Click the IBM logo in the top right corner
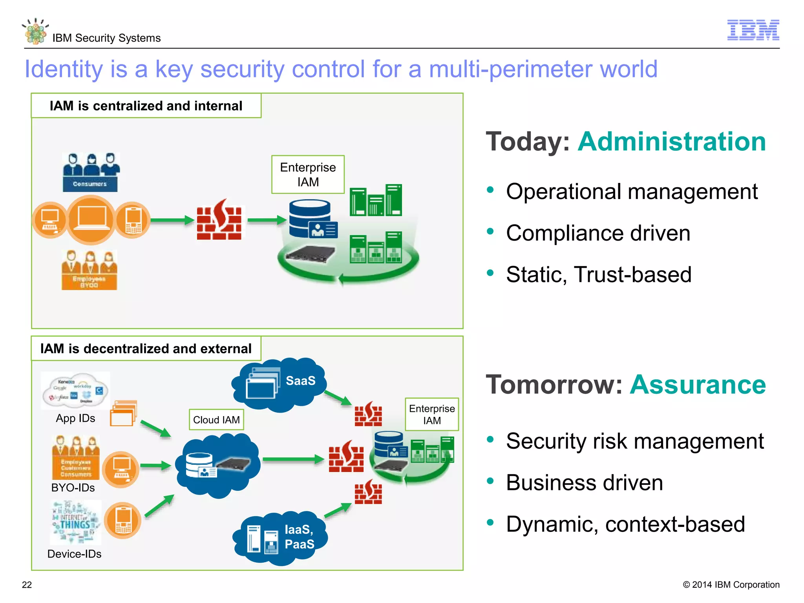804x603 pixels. tap(753, 30)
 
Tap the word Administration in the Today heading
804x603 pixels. tap(672, 142)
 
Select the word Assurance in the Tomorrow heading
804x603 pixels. tap(698, 385)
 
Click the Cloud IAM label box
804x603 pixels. tap(216, 420)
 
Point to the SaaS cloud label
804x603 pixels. tap(300, 380)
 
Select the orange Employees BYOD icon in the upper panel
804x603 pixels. tap(90, 270)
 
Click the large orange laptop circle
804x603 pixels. tap(91, 220)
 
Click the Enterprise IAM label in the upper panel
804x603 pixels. tap(308, 174)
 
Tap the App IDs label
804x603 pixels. tap(75, 418)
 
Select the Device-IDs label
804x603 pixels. tap(74, 554)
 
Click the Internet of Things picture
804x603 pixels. tap(76, 523)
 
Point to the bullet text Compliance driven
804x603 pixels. tap(598, 233)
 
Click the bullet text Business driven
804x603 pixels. tap(584, 482)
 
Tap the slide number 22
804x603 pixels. tap(27, 585)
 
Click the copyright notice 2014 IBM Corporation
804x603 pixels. tap(731, 585)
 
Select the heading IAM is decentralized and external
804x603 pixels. tap(146, 349)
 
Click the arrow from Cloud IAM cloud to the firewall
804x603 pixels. tap(292, 459)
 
